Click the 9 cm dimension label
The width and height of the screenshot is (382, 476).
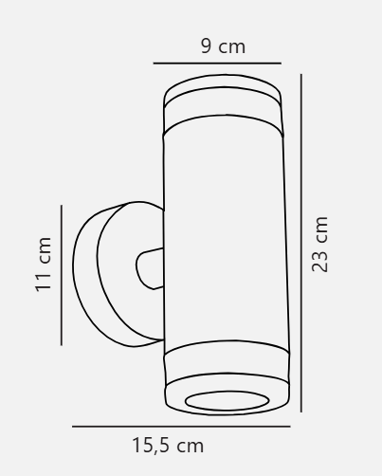223,46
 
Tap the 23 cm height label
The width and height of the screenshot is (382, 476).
319,245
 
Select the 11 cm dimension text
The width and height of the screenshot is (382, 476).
43,265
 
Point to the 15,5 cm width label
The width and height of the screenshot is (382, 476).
168,446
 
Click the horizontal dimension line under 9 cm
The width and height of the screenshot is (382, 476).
217,64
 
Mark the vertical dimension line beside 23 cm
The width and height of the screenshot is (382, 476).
301,243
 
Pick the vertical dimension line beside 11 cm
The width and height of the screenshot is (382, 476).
62,275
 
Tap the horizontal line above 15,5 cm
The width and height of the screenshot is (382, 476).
181,427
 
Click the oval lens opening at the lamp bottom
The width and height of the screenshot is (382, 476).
227,401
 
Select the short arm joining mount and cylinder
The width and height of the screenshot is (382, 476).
150,268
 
